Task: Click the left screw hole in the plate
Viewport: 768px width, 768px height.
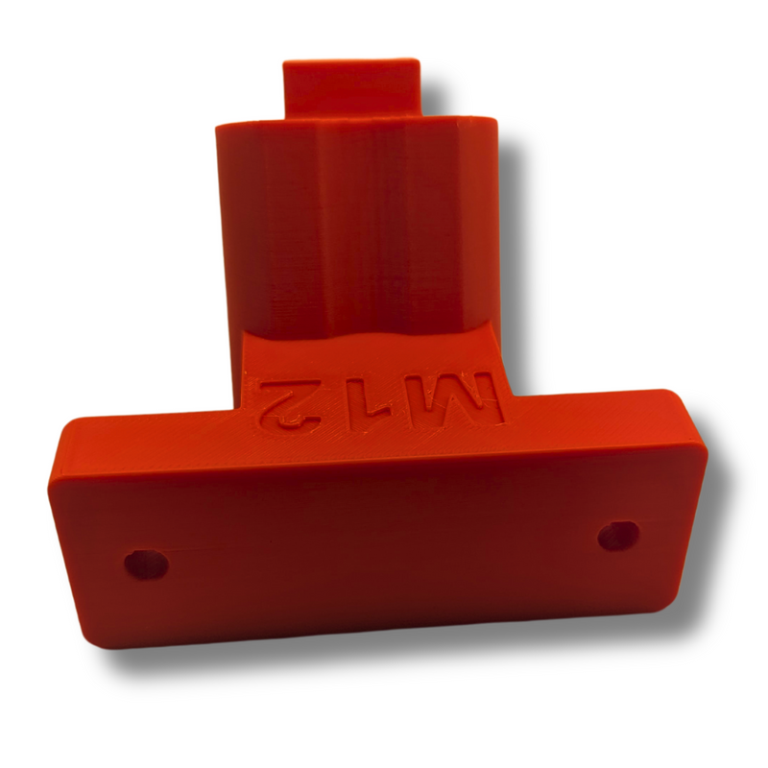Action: tap(146, 564)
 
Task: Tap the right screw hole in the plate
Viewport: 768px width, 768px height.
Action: tap(618, 536)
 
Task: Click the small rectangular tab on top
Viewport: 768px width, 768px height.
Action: tap(351, 88)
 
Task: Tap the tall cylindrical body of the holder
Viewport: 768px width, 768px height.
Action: tap(356, 226)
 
